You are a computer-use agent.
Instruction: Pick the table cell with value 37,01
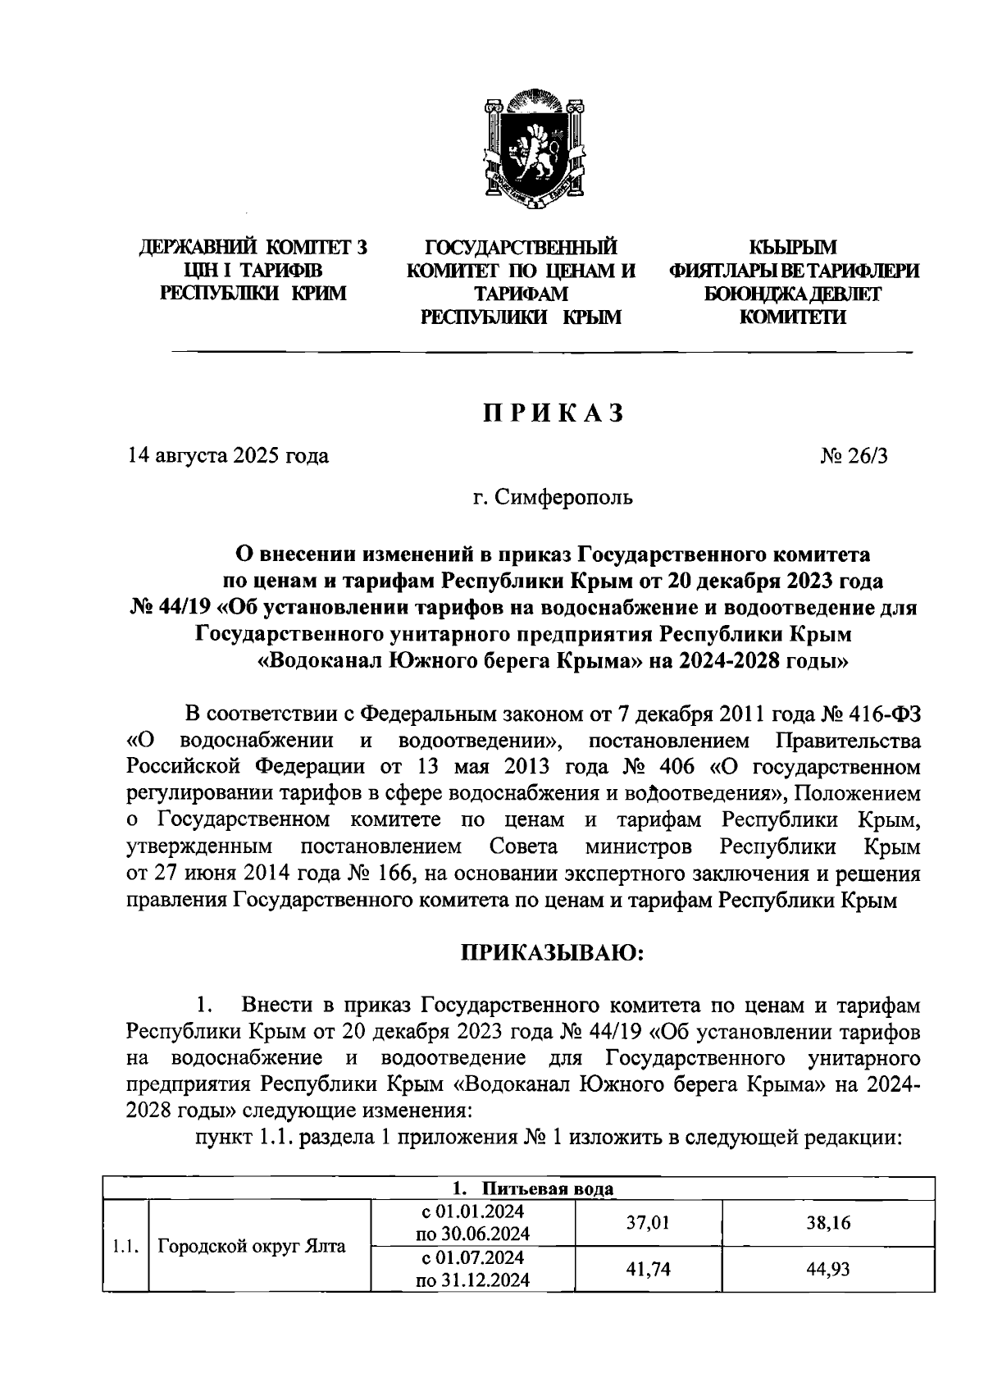tap(648, 1223)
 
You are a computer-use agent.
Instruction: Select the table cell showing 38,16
tap(828, 1223)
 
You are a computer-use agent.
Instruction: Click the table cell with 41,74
tap(648, 1269)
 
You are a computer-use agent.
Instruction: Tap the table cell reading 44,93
tap(828, 1269)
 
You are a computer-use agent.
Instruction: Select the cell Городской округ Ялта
tap(251, 1247)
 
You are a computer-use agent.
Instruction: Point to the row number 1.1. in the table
tap(125, 1247)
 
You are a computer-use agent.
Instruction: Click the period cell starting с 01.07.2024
tap(472, 1269)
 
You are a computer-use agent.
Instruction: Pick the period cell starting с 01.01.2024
tap(472, 1223)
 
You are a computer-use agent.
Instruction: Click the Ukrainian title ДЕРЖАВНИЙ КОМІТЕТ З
tap(253, 247)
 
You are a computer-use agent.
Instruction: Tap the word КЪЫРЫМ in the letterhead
tap(793, 247)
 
